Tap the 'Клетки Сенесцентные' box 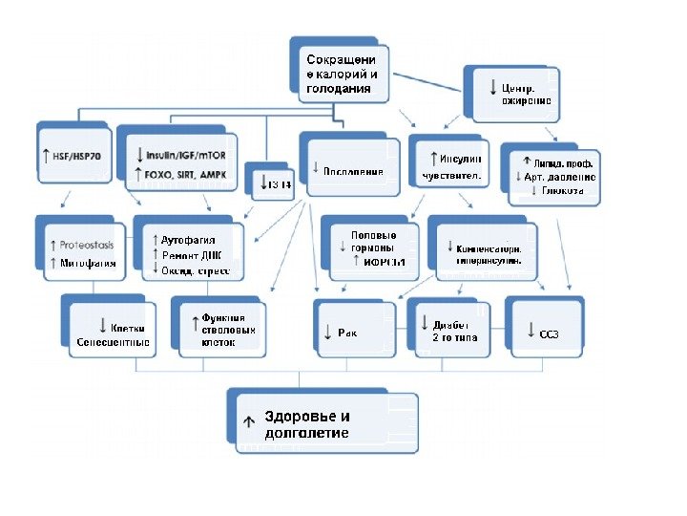(113, 329)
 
